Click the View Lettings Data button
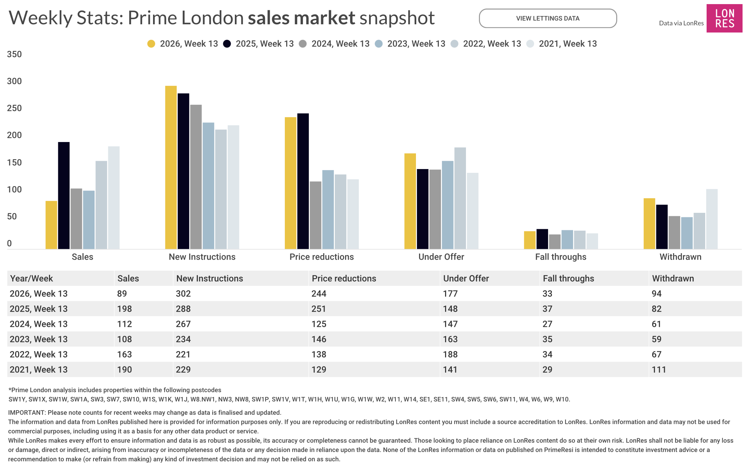(x=547, y=18)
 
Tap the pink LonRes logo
(x=724, y=18)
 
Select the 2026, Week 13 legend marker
(x=151, y=44)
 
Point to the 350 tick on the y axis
(x=14, y=54)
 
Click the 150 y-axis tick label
(x=14, y=163)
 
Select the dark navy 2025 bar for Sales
(x=64, y=195)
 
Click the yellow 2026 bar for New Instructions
(x=171, y=167)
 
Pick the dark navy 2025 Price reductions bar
(x=303, y=181)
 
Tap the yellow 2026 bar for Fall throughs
(x=530, y=240)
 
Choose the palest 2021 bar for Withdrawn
(x=712, y=219)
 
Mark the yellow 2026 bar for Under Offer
(x=410, y=201)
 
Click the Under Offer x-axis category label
(x=441, y=257)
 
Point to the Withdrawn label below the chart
(x=680, y=257)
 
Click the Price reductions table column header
(x=344, y=279)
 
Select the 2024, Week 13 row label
(x=39, y=324)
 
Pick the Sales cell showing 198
(x=124, y=309)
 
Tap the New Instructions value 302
(x=183, y=294)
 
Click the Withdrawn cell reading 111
(x=659, y=370)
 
